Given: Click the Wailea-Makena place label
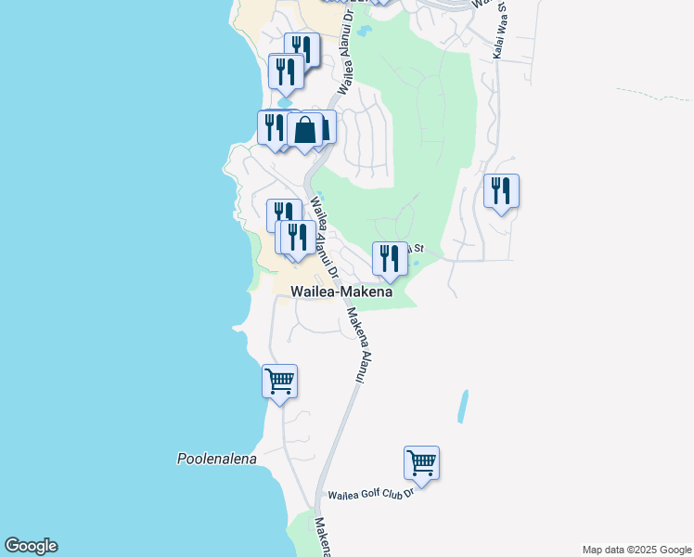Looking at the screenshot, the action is tap(341, 291).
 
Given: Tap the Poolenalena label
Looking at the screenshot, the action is tap(216, 459).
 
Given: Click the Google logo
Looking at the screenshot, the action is tap(31, 546).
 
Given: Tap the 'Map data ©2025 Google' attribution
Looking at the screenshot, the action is tap(636, 550).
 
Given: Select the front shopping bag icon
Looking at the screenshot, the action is tap(304, 130).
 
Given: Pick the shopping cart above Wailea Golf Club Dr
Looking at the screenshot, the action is tap(421, 462).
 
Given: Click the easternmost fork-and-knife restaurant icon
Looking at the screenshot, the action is tap(501, 191).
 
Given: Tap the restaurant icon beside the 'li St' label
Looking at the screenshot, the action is tap(390, 258).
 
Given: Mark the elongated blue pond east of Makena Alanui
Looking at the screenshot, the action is tap(463, 407).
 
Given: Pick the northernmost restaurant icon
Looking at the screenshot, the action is tap(302, 49).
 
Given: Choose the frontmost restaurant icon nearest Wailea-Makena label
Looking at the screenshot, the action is tap(296, 238).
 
